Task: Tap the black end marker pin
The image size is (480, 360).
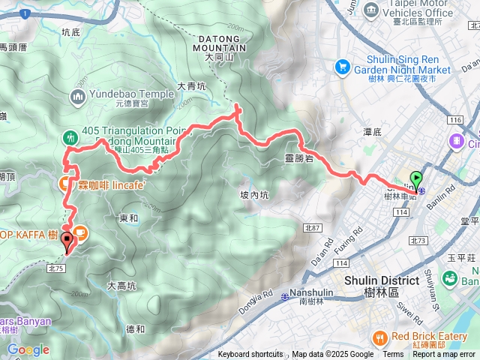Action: coord(68,241)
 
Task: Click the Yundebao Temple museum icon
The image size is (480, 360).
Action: coord(78,96)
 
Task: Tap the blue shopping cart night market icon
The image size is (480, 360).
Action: coord(343,65)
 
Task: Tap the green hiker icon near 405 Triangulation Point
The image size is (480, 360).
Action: coord(70,137)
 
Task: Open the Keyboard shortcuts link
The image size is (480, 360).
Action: coord(250,355)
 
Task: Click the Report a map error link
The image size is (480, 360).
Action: coord(443,355)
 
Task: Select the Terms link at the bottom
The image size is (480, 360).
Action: coord(393,355)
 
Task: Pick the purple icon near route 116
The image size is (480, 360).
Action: coord(455,140)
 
